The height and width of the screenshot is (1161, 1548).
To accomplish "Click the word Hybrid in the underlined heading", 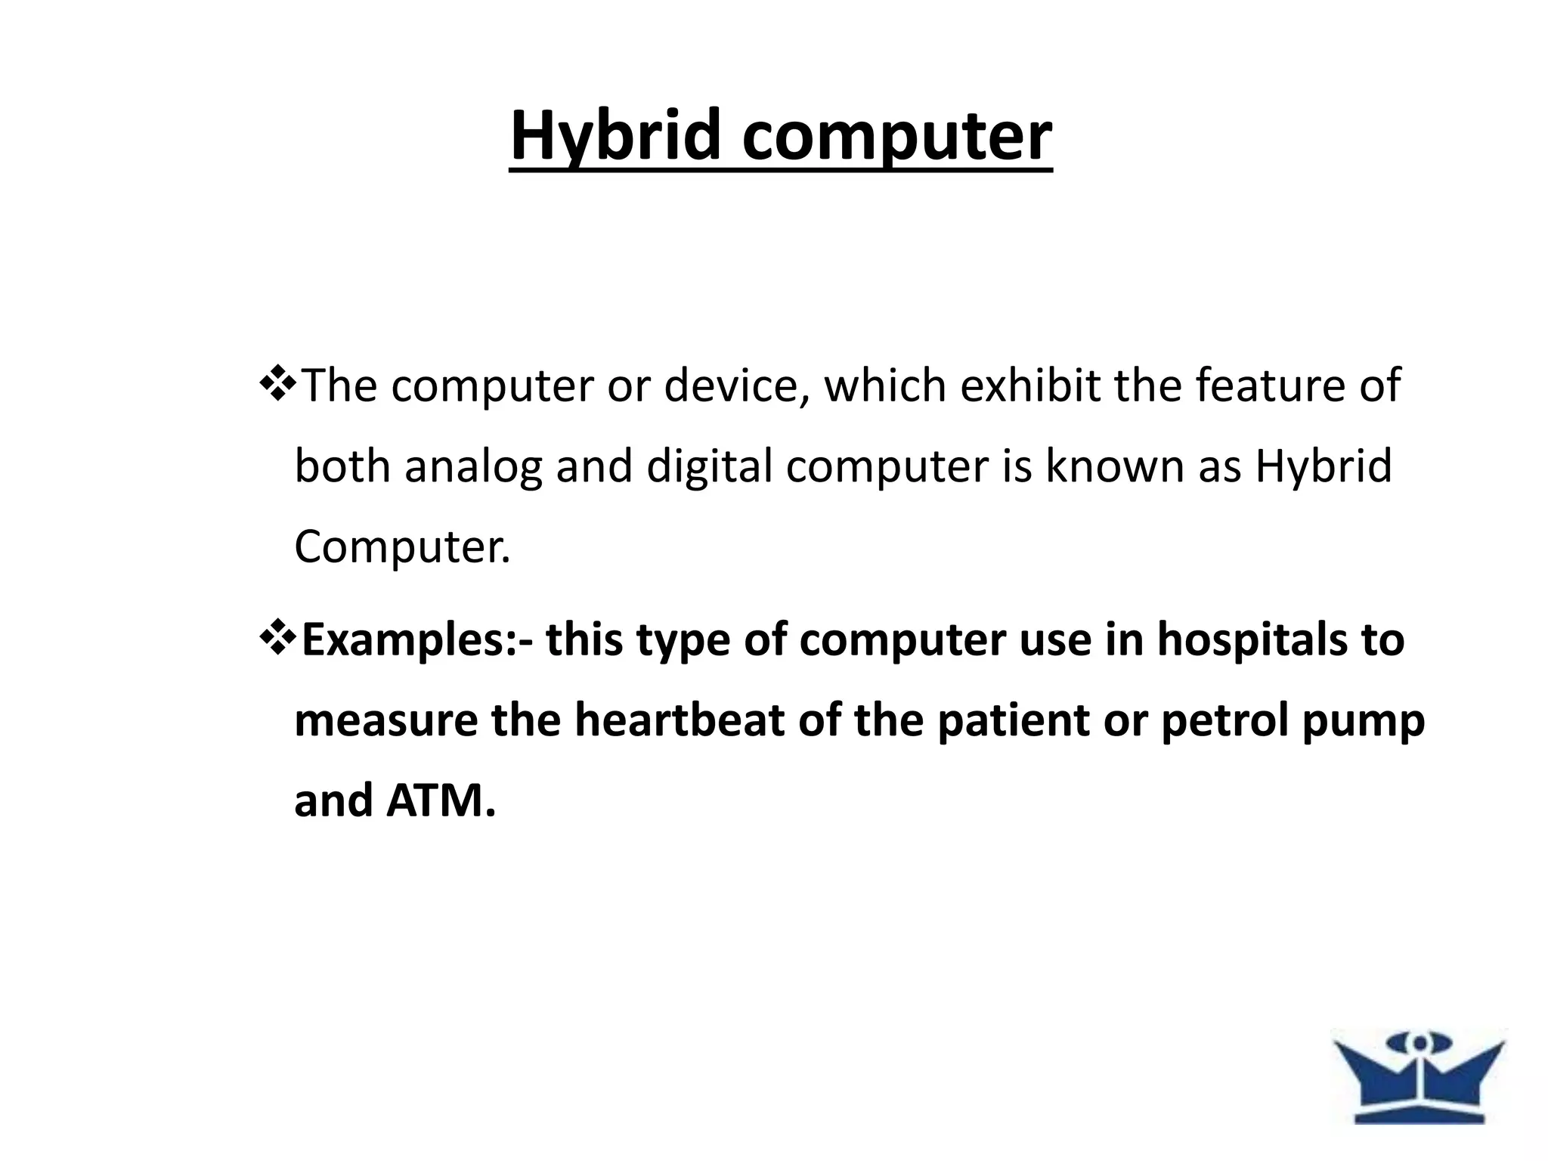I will click(615, 136).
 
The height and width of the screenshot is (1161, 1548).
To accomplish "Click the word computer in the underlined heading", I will click(897, 136).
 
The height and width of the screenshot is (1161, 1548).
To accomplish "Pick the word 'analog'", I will click(473, 466).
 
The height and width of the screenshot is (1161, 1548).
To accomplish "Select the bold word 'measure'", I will click(385, 721).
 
